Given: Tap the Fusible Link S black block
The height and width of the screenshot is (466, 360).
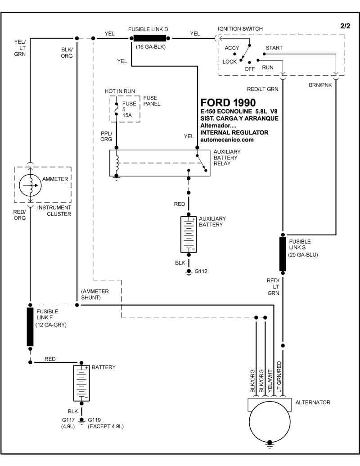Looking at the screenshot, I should click(x=283, y=254).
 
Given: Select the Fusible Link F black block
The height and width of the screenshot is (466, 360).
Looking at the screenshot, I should click(x=30, y=327).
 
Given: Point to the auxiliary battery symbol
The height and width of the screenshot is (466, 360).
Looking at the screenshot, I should click(x=189, y=234).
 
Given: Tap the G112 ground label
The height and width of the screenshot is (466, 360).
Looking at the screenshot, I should click(x=201, y=271).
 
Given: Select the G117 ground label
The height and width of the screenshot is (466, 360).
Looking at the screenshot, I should click(x=69, y=420).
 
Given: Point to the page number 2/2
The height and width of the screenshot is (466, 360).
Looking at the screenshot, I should click(x=345, y=26).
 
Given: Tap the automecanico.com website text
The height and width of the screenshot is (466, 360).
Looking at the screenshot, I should click(x=227, y=140).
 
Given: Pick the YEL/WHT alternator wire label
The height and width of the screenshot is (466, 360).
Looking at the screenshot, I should click(x=270, y=382).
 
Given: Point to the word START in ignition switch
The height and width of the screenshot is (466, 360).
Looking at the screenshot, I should click(x=274, y=48).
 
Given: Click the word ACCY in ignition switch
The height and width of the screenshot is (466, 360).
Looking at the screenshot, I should click(x=232, y=48).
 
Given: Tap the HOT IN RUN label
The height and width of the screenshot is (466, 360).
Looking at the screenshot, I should click(x=120, y=91).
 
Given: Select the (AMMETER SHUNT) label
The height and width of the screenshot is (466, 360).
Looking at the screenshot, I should click(x=95, y=294).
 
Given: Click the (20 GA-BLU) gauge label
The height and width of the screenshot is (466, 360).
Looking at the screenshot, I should click(x=303, y=255).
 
